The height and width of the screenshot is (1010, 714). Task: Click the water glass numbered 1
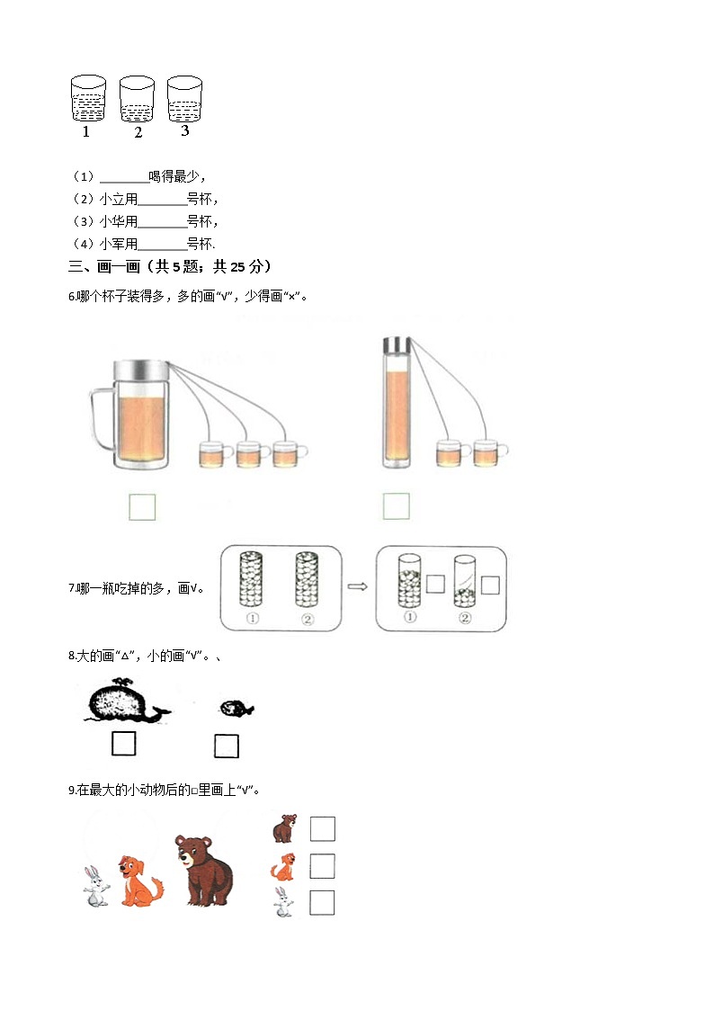pos(88,99)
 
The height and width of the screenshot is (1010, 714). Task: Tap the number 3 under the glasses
pos(184,131)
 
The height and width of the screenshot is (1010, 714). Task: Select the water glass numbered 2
pos(137,99)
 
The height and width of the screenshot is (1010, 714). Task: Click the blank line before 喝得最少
pos(124,177)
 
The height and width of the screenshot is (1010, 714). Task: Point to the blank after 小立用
pos(163,200)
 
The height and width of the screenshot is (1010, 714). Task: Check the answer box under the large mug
pos(142,506)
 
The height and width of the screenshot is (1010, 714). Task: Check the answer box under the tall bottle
pos(397,505)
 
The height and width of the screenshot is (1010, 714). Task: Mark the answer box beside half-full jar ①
pos(435,585)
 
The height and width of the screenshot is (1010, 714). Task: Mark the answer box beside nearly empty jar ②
pos(490,585)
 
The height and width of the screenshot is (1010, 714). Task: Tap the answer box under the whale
pos(123,744)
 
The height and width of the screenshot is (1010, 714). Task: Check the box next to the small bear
pos(322,828)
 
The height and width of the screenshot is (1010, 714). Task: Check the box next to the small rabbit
pos(322,902)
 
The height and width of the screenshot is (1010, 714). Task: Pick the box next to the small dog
pos(322,866)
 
